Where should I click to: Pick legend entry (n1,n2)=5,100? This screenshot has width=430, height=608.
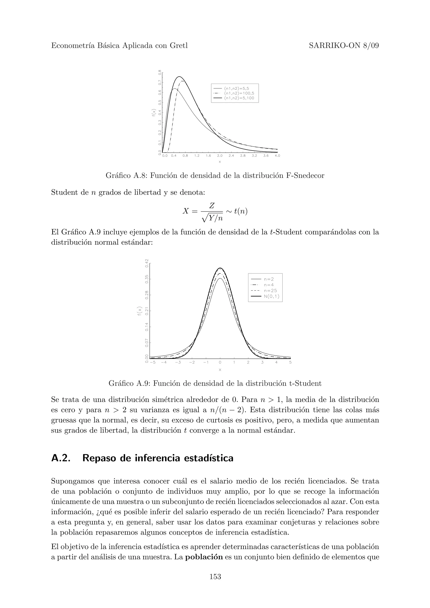239,98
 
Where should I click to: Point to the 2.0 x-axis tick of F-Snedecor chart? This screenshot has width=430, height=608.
220,156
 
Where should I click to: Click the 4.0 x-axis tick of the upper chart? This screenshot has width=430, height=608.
277,156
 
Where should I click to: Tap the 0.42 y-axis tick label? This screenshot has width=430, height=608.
147,263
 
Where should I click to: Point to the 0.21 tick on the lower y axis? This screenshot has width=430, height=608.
147,311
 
